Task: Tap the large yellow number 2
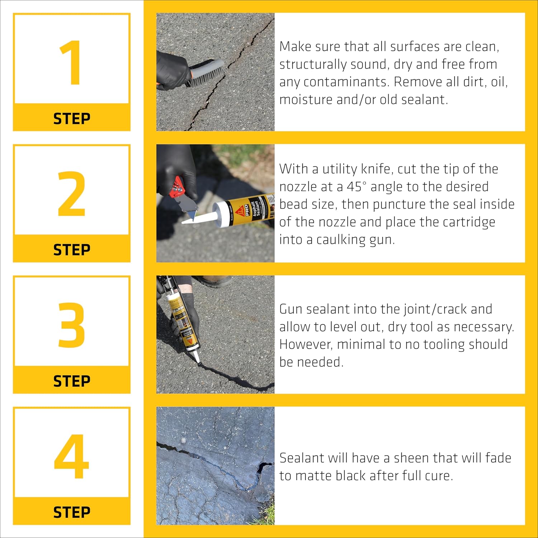click(x=71, y=194)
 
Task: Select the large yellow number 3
click(x=71, y=325)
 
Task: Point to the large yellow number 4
click(x=71, y=456)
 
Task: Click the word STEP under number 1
click(x=72, y=119)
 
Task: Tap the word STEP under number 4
click(x=72, y=513)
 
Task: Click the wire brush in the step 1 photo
click(x=206, y=74)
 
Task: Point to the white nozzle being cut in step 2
click(x=201, y=218)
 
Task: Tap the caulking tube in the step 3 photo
click(x=181, y=319)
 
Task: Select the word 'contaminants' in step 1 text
click(x=346, y=82)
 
